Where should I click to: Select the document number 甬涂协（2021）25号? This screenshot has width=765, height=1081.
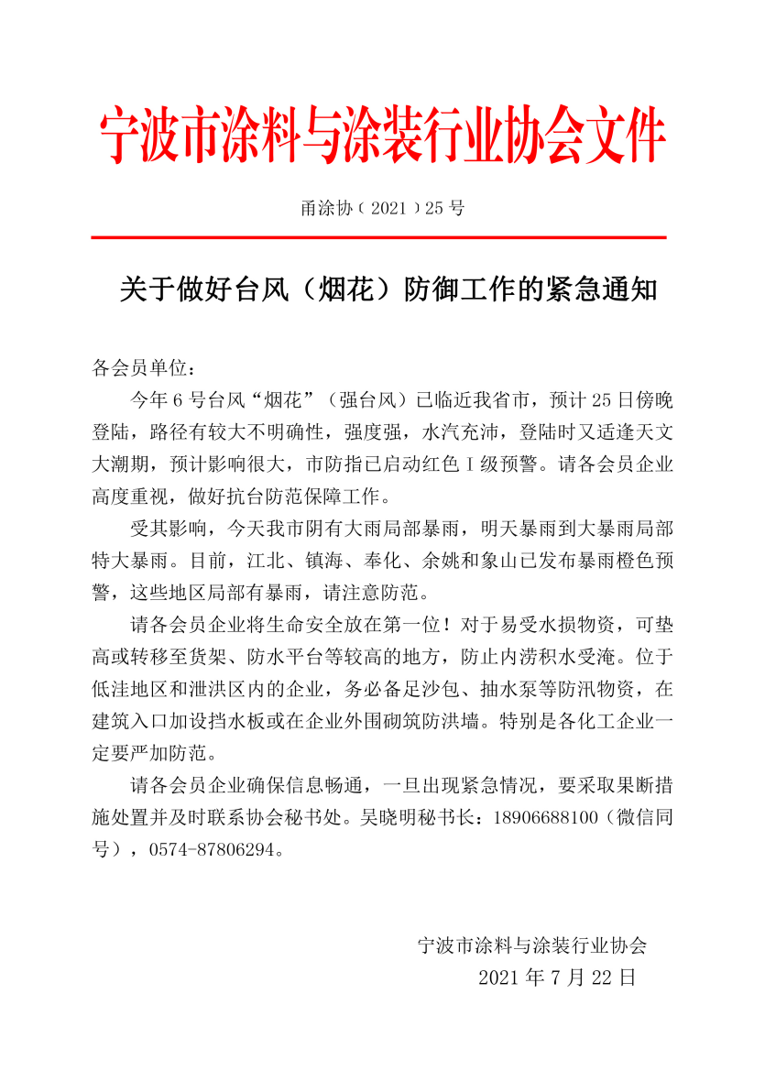click(x=382, y=208)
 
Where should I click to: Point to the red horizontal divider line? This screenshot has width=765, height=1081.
click(x=382, y=237)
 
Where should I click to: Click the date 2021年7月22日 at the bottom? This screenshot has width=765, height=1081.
click(x=556, y=977)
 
